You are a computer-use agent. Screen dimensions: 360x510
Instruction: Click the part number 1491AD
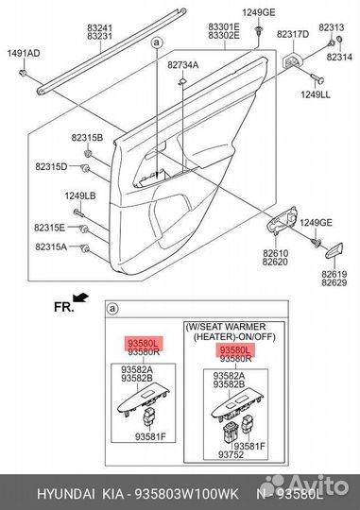coord(24,53)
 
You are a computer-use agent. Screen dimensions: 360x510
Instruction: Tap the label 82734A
coord(183,65)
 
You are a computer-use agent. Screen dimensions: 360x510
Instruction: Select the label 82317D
coord(293,34)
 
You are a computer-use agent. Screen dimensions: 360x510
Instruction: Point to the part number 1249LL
coord(315,94)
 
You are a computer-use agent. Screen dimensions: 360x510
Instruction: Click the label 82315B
coord(87,138)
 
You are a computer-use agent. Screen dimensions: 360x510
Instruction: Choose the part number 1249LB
coord(80,195)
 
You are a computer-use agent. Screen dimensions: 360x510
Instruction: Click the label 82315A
coord(51,246)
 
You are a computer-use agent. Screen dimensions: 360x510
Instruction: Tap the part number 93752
coord(231,454)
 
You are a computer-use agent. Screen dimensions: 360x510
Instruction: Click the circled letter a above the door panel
coord(157,42)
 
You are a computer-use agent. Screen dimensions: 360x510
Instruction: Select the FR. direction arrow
coord(80,297)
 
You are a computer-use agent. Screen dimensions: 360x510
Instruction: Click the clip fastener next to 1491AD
coord(23,73)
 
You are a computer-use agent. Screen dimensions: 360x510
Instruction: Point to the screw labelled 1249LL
coord(317,78)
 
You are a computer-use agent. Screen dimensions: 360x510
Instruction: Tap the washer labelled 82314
coord(339,40)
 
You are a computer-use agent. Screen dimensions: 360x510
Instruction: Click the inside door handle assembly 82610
coord(282,220)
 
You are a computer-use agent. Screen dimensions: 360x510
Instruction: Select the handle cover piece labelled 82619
coord(334,250)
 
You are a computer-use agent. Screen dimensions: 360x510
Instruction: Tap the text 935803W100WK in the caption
coord(186,494)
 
